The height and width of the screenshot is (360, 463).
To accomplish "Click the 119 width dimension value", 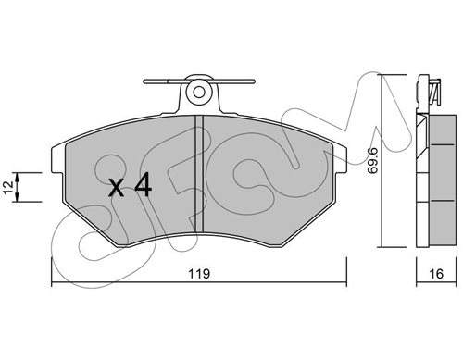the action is tap(199, 274).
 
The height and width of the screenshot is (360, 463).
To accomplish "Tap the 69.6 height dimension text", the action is tap(374, 161).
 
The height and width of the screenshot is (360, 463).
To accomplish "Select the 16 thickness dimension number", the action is tap(436, 274).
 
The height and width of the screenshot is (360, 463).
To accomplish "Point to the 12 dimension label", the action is tap(8, 188).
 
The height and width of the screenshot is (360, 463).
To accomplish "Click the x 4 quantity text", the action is tap(130, 185).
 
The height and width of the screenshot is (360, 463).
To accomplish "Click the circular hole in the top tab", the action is tap(199, 92).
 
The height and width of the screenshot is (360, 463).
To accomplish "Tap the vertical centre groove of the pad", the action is tap(199, 174).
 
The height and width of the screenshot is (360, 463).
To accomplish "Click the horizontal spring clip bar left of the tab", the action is tap(165, 81).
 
